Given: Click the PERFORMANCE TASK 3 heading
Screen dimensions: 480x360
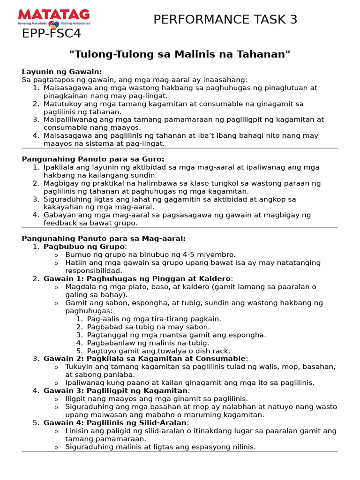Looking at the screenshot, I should (225, 20).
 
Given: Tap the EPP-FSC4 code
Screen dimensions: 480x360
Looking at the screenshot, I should (52, 34).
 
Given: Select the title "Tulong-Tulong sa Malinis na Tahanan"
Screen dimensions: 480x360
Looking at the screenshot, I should (180, 54).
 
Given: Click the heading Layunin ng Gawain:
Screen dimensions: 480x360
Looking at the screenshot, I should (62, 72).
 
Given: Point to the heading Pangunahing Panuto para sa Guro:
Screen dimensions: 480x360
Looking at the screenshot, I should (93, 159).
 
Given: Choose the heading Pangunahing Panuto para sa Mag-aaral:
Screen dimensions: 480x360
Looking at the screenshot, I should (104, 239).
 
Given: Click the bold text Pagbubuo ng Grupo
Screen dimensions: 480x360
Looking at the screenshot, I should (84, 247).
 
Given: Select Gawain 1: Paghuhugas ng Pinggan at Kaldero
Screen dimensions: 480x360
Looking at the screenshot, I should (137, 279).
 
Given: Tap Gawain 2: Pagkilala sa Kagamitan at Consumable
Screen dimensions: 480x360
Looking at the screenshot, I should (145, 359).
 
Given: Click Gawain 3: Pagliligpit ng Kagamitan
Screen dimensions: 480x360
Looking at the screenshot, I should (115, 390).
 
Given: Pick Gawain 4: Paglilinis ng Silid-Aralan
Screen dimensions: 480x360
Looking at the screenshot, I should (115, 423).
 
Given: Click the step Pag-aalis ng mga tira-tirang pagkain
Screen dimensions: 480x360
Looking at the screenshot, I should (154, 319).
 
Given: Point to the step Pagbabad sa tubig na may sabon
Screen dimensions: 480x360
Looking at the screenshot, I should (148, 327).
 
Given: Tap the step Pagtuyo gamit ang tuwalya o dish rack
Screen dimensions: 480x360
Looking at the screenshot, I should (158, 351).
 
